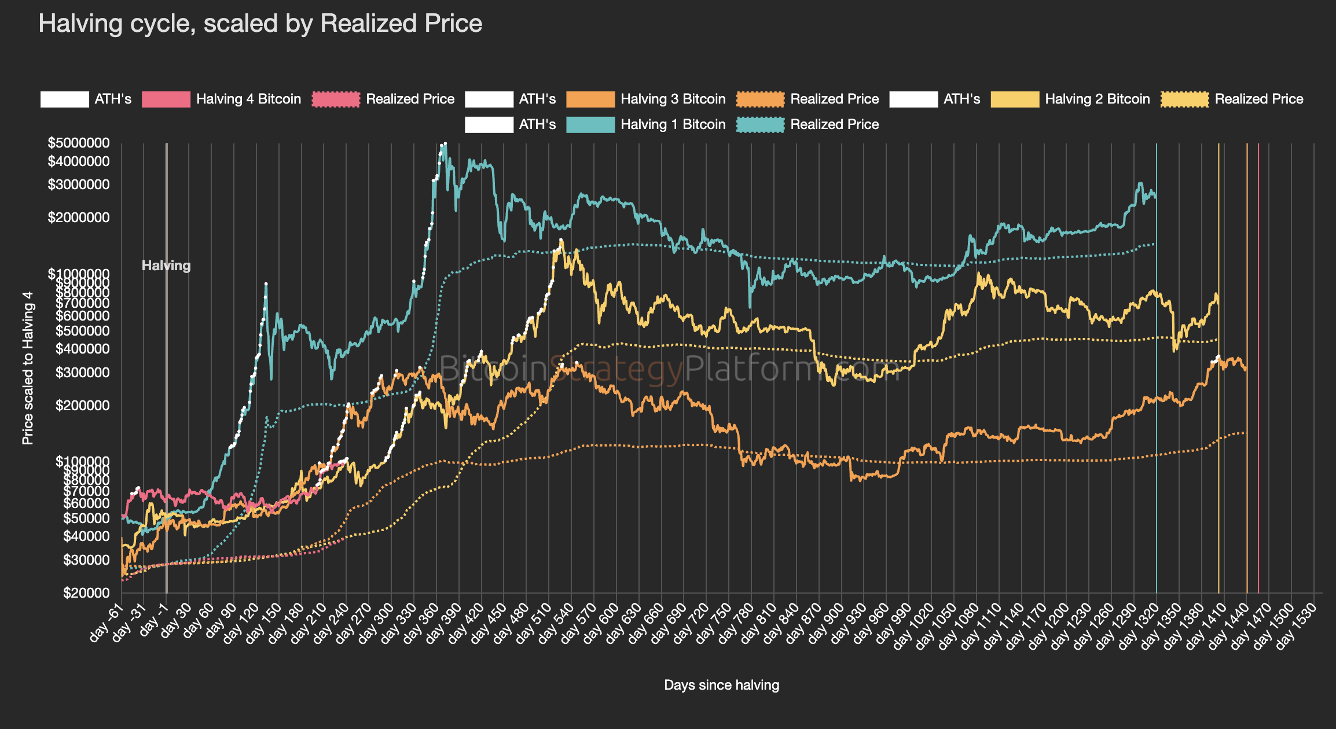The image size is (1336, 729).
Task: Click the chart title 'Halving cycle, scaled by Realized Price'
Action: point(260,24)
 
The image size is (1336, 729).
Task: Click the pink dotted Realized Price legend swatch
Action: point(336,99)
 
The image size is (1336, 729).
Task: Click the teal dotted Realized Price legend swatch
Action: point(760,124)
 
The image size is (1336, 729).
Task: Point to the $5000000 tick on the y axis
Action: point(79,143)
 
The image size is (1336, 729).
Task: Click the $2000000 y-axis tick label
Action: point(79,218)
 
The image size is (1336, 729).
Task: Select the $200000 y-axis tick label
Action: point(82,406)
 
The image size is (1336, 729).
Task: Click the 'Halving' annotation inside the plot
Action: point(166,266)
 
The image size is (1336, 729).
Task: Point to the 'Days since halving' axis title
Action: point(721,685)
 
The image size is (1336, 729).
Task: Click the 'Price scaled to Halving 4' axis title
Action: point(28,368)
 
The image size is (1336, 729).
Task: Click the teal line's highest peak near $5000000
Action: point(445,144)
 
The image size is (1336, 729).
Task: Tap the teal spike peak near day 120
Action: point(266,283)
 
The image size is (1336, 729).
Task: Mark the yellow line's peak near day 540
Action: point(561,240)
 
